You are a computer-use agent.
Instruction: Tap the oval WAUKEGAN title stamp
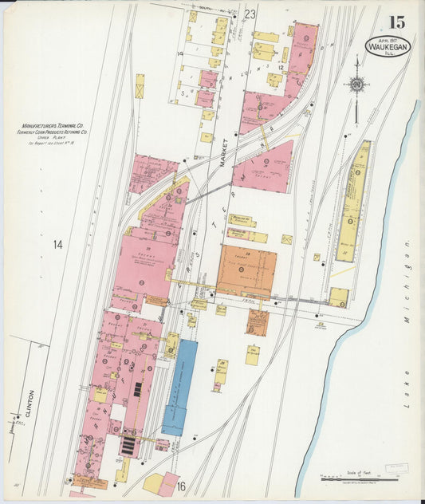[x=388, y=46]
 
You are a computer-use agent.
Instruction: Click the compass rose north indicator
[x=357, y=84]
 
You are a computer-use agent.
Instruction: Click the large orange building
[x=246, y=270]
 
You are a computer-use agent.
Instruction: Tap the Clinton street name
[x=31, y=405]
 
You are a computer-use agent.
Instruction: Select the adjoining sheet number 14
[x=57, y=244]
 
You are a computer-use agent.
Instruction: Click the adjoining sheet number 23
[x=250, y=14]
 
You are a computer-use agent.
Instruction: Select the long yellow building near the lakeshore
[x=352, y=202]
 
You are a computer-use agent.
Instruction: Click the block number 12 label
[x=281, y=69]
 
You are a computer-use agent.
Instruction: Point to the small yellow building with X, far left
[x=140, y=86]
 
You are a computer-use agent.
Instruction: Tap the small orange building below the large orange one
[x=257, y=322]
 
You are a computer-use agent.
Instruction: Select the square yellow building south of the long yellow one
[x=339, y=297]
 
